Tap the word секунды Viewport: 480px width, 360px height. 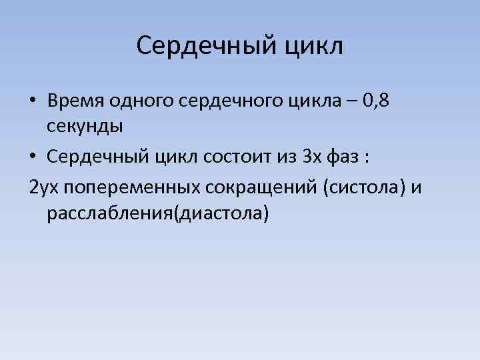(84, 125)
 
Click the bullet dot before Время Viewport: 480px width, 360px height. (33, 101)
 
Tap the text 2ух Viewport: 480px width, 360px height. (44, 187)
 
